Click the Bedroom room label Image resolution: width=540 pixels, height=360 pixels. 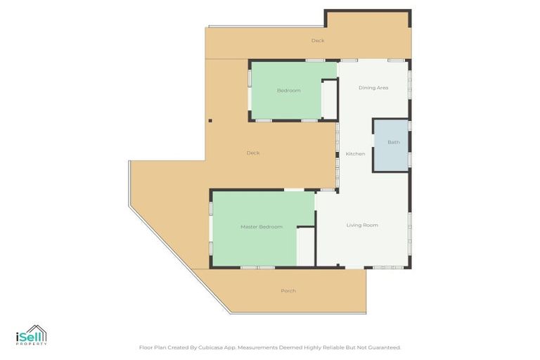(x=288, y=91)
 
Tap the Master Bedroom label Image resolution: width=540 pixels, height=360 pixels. (x=261, y=226)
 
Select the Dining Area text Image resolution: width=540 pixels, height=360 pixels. (x=373, y=88)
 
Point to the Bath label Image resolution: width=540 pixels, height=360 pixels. (x=393, y=143)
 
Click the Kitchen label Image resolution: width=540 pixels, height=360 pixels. (x=355, y=153)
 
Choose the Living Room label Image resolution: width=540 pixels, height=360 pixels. (x=362, y=225)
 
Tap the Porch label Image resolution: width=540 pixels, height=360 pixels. (x=288, y=291)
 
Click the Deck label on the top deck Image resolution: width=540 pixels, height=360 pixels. (x=318, y=41)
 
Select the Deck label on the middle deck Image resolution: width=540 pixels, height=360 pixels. (x=253, y=153)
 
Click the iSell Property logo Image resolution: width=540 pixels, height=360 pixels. (x=32, y=335)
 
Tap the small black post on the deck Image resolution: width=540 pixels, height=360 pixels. (x=210, y=121)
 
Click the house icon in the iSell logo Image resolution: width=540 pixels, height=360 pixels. (x=39, y=333)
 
